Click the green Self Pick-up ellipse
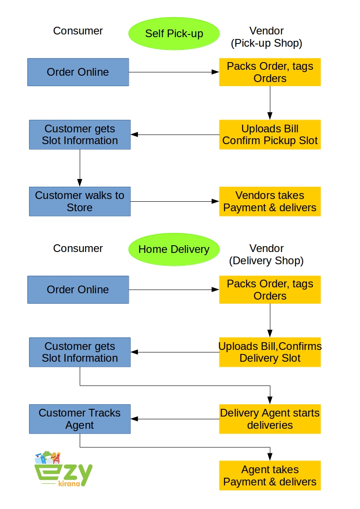tap(174, 34)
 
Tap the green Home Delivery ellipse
tap(174, 249)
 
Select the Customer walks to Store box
tap(80, 201)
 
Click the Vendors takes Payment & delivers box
tap(270, 201)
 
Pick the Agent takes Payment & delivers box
tap(270, 475)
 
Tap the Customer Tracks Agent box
tap(80, 419)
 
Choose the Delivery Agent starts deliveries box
tap(270, 419)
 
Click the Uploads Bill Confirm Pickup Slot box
tap(270, 135)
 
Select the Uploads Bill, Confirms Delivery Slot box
tap(270, 352)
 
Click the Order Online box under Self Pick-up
tap(78, 72)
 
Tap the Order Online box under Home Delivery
tap(78, 290)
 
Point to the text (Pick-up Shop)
tap(267, 44)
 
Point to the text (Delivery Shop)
tap(267, 261)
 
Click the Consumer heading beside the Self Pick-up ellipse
tap(78, 31)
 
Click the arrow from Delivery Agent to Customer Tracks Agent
tap(175, 419)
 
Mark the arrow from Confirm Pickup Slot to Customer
tap(175, 135)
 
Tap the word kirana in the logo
tap(69, 484)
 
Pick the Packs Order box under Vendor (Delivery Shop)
tap(270, 290)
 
